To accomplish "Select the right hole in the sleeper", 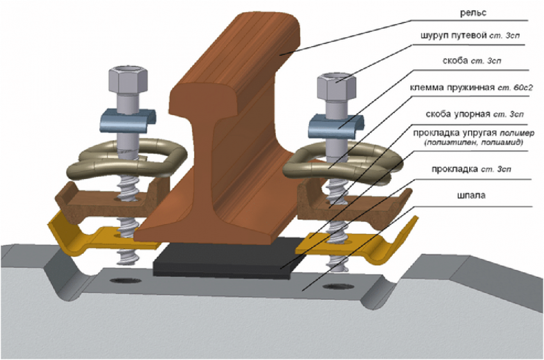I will (336, 286).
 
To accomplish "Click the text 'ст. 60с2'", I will (506, 84).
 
